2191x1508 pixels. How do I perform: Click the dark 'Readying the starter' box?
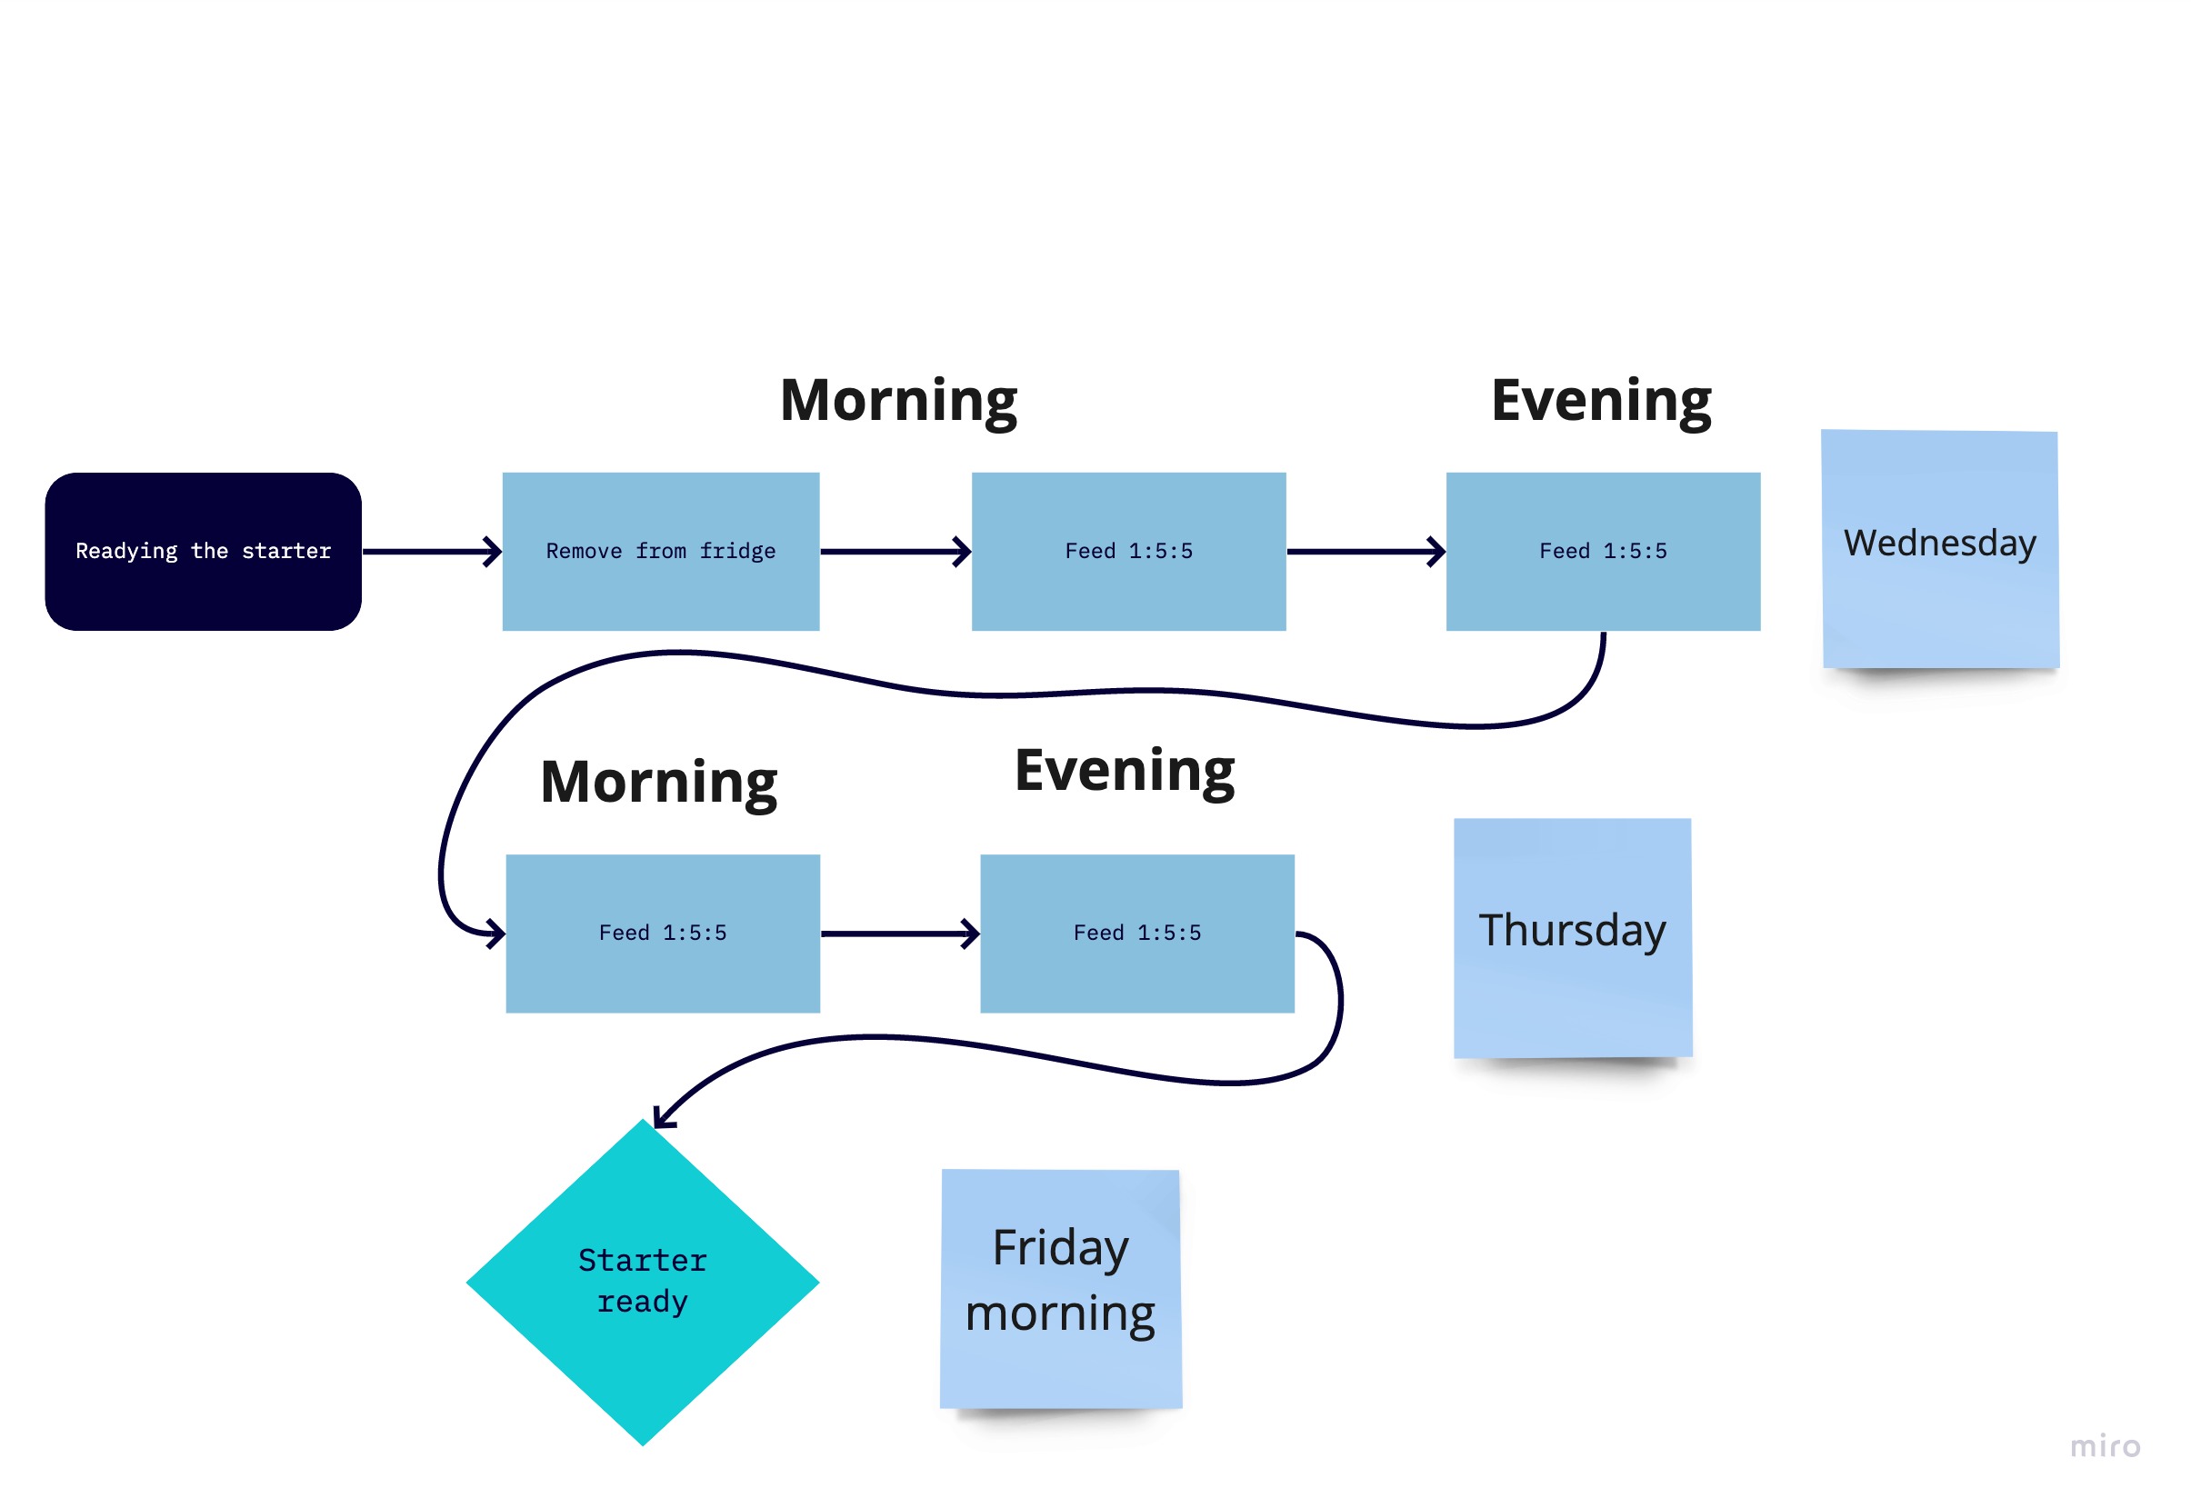coord(203,552)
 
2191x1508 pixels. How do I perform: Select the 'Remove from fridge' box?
coord(660,552)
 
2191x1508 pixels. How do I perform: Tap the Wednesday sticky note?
coord(1941,549)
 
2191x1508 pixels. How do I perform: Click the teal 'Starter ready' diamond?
coord(643,1283)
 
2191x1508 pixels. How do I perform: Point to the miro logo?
coord(2105,1446)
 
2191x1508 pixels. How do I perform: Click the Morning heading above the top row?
coord(898,402)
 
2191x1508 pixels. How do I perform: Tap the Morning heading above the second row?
coord(658,784)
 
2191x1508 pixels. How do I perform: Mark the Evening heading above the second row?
coord(1125,771)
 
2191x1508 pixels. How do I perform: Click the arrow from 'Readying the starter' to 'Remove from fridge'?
coord(432,552)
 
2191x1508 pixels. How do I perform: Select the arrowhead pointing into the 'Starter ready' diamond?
coord(664,1117)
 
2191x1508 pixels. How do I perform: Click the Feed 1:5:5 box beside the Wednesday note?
coord(1604,552)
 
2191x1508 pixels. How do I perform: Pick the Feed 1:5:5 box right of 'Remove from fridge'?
coord(1129,552)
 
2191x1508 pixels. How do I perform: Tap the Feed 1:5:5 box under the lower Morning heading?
coord(664,934)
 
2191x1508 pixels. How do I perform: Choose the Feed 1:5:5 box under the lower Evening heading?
coord(1137,934)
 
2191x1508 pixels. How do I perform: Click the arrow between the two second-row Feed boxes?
coord(900,934)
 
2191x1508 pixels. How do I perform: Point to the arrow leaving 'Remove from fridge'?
coord(895,552)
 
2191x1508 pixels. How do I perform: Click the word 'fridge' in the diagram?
coord(738,552)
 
